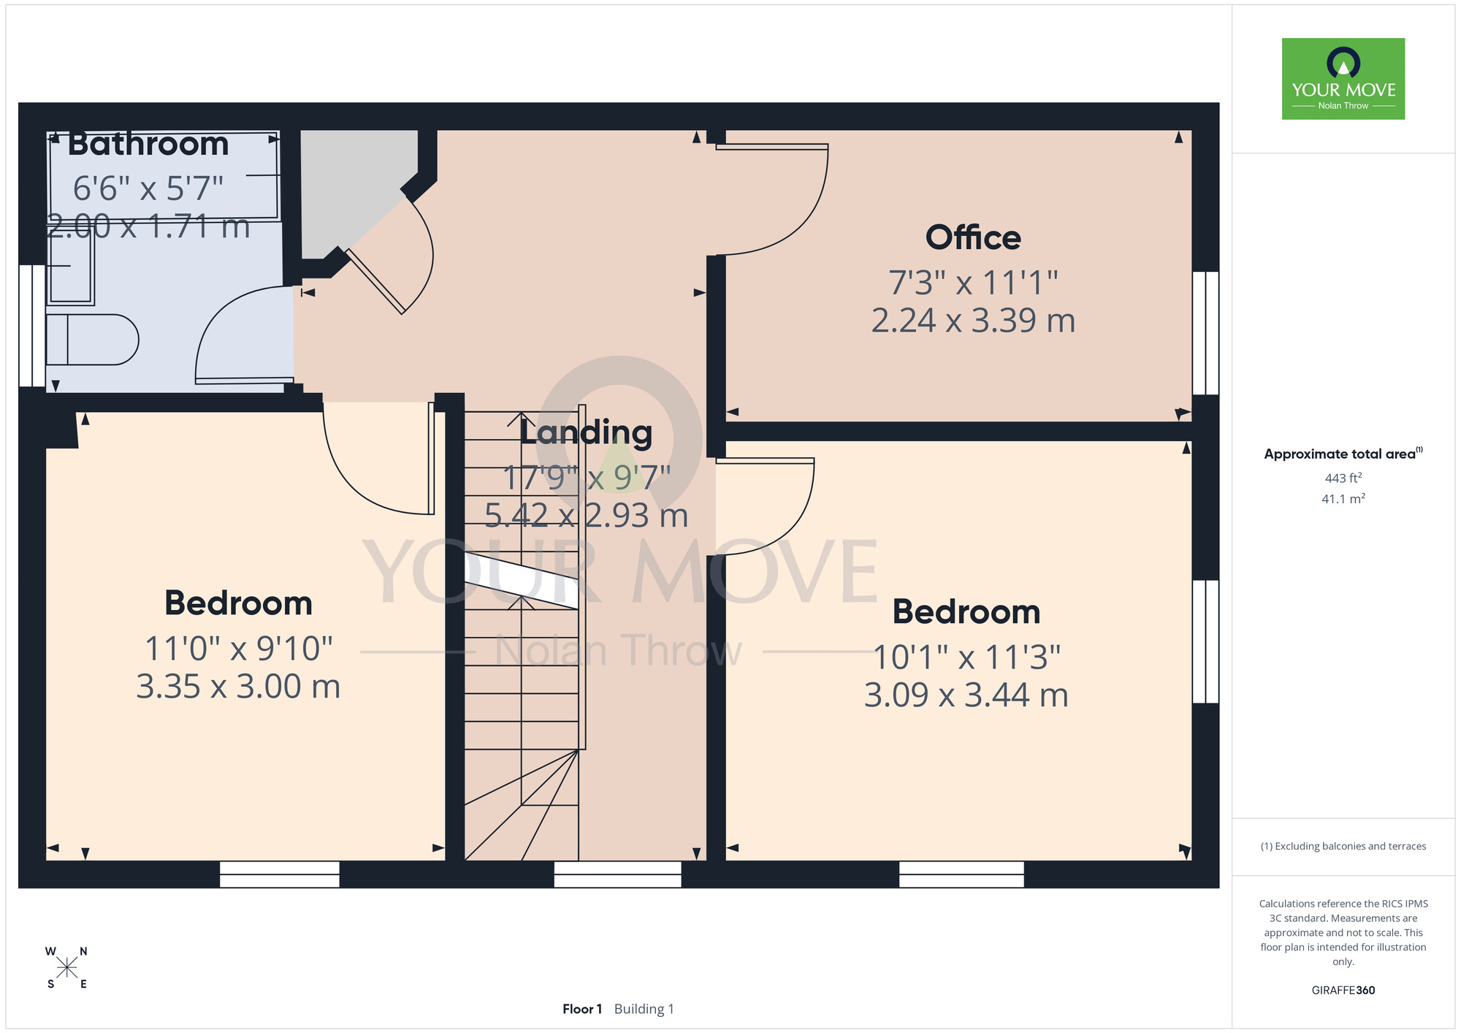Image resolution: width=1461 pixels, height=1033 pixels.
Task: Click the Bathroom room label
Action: click(x=148, y=144)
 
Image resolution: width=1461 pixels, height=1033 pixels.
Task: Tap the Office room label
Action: click(x=973, y=237)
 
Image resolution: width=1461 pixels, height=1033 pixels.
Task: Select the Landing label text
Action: click(x=586, y=432)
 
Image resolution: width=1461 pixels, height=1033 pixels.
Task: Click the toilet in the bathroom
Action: click(x=92, y=339)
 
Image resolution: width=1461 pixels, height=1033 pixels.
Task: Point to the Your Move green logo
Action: click(x=1343, y=79)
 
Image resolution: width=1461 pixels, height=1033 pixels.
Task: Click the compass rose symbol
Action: click(x=66, y=968)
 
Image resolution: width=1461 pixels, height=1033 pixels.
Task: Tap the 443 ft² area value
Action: click(x=1343, y=478)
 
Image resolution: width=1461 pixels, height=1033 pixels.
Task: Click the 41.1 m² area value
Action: click(x=1343, y=499)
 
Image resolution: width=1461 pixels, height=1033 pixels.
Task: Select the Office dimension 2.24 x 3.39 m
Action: click(x=973, y=321)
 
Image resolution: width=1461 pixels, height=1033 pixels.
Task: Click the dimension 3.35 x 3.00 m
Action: click(x=238, y=687)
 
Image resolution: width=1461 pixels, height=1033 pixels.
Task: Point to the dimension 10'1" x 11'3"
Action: click(x=966, y=657)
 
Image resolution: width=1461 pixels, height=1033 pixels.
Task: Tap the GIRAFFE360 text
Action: click(x=1343, y=991)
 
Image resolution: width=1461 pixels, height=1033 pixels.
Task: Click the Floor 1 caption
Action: click(x=582, y=1009)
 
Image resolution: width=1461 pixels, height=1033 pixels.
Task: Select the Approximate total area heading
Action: click(x=1343, y=454)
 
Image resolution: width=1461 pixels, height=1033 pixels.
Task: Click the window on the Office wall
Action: click(x=1205, y=333)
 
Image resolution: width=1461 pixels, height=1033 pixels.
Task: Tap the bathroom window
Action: click(x=31, y=326)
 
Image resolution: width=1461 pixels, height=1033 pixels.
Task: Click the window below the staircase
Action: click(x=618, y=874)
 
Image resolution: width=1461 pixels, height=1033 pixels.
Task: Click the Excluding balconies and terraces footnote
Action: click(x=1343, y=846)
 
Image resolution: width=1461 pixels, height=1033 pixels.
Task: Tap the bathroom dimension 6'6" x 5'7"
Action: click(x=148, y=188)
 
